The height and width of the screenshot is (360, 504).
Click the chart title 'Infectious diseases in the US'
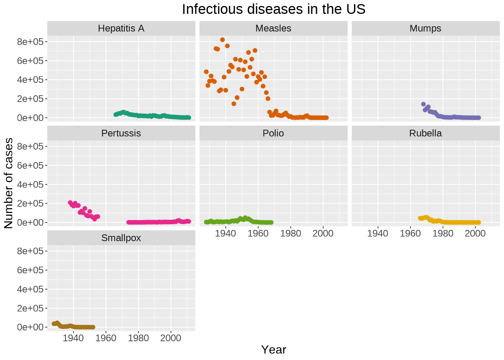point(273,9)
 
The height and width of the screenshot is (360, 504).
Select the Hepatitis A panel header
point(121,28)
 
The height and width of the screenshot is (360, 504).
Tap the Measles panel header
point(273,28)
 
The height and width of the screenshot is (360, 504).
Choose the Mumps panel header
point(425,28)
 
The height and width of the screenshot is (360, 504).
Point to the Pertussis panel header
point(121,133)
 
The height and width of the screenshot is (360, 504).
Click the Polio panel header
point(273,133)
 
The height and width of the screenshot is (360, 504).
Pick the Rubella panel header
point(425,133)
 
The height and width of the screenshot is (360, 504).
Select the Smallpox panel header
point(121,238)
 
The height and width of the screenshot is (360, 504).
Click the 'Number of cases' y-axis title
point(9,183)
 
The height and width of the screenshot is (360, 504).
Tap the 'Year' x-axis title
point(273,349)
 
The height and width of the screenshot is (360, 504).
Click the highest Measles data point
point(222,40)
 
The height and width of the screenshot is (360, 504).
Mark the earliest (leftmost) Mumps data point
point(423,104)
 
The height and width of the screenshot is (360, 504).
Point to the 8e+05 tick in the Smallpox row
point(30,251)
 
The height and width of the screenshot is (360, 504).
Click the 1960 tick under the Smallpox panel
point(106,338)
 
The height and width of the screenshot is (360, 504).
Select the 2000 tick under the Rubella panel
point(475,233)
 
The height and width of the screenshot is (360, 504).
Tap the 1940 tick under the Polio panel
point(226,233)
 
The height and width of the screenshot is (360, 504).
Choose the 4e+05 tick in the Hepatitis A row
point(30,80)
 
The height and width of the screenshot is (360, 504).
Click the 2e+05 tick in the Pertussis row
point(30,204)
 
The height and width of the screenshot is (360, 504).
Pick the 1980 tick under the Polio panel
point(291,233)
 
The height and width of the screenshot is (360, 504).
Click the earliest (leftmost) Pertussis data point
point(70,202)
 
